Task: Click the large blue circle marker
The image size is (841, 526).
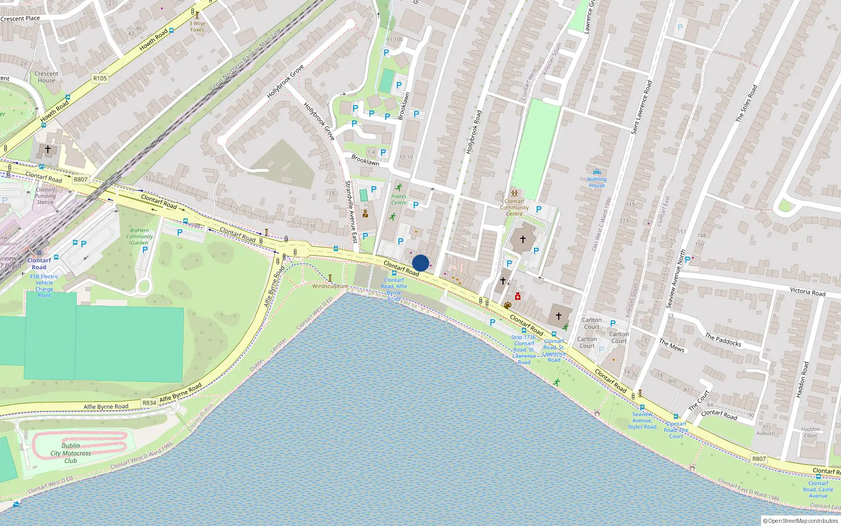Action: pyautogui.click(x=420, y=263)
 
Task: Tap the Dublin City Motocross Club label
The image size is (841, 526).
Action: pyautogui.click(x=70, y=453)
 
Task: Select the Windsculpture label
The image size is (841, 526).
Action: pyautogui.click(x=330, y=286)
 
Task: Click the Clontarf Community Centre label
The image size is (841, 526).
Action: pyautogui.click(x=514, y=207)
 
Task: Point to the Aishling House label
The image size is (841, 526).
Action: pyautogui.click(x=597, y=182)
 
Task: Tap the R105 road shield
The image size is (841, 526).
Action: pyautogui.click(x=100, y=78)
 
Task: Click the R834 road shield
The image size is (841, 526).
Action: pyautogui.click(x=149, y=403)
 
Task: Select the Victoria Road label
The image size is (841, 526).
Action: pyautogui.click(x=807, y=291)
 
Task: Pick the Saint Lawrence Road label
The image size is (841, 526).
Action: pyautogui.click(x=641, y=107)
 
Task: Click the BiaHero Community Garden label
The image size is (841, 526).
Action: pyautogui.click(x=139, y=236)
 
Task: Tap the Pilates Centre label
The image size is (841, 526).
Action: pyautogui.click(x=398, y=199)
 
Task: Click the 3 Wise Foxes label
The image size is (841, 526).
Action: pyautogui.click(x=198, y=26)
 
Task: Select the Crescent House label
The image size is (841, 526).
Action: pyautogui.click(x=46, y=77)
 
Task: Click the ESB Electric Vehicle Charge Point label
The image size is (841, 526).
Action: pyautogui.click(x=44, y=286)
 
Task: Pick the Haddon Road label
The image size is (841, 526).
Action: pyautogui.click(x=803, y=379)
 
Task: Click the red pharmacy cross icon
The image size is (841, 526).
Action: pyautogui.click(x=518, y=297)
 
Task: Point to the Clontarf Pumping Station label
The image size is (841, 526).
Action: pyautogui.click(x=45, y=196)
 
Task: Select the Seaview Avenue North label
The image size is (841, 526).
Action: pyautogui.click(x=675, y=279)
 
